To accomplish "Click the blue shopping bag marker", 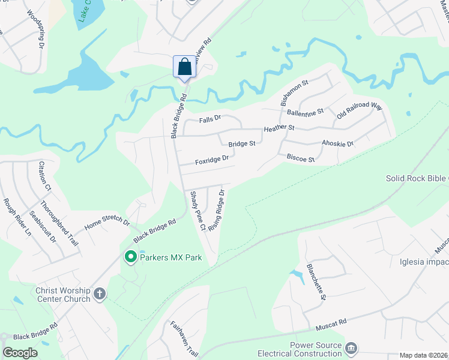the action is tap(184, 67).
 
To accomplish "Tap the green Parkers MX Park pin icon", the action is tap(130, 257).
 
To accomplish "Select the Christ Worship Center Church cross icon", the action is tap(100, 294).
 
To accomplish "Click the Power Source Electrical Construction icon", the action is tap(352, 348).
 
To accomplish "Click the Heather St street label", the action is tap(279, 128).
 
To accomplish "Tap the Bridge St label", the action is tap(242, 143).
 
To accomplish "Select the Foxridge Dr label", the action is tap(212, 160).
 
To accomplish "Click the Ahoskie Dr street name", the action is tap(338, 143).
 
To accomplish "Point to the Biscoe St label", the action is tap(301, 158).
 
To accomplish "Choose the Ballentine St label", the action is tap(306, 112).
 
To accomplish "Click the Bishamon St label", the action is tap(294, 93).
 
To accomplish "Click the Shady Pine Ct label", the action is tap(197, 211).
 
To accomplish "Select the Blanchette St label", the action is tap(316, 281).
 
